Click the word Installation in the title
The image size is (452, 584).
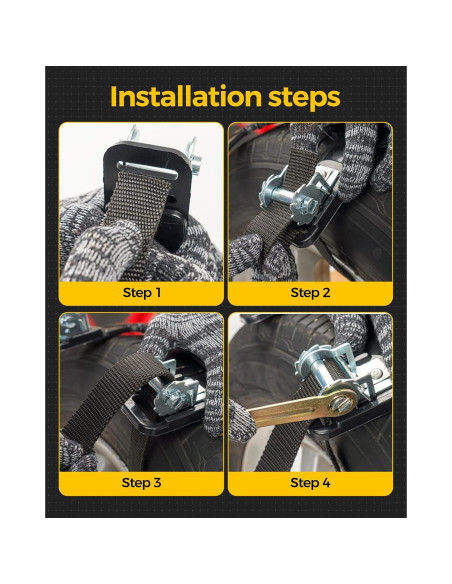tap(186, 96)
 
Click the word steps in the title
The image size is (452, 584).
tap(304, 98)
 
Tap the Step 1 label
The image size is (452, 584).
tap(141, 293)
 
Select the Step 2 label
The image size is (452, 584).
tap(310, 293)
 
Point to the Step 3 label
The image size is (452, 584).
tap(141, 483)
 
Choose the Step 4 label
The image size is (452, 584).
tap(310, 483)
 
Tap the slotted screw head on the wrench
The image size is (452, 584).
tap(343, 404)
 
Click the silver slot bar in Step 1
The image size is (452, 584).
tap(147, 170)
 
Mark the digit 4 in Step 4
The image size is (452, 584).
tap(326, 483)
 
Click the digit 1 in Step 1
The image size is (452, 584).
tap(158, 293)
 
